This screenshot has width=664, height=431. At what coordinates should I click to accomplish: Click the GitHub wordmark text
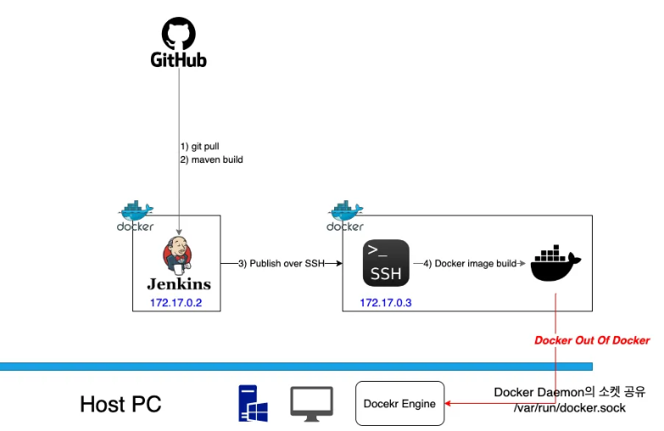coord(179,60)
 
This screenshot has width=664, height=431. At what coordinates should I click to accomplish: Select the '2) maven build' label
coord(211,159)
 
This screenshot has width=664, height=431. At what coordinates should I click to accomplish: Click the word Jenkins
coord(179,284)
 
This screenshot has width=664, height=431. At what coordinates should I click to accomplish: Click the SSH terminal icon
coord(385,263)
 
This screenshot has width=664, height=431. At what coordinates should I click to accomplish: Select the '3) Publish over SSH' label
coord(281,264)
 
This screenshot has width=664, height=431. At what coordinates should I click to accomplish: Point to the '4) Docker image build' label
coord(470,264)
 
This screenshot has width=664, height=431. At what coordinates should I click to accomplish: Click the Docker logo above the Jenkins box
coord(136,216)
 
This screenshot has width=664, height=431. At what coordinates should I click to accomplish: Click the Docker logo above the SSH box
coord(345,216)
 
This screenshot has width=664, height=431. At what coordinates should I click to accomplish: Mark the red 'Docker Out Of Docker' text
coord(592,340)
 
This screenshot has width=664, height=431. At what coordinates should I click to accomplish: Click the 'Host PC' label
coord(120,404)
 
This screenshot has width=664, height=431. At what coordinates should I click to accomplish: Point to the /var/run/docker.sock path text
coord(569,407)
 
